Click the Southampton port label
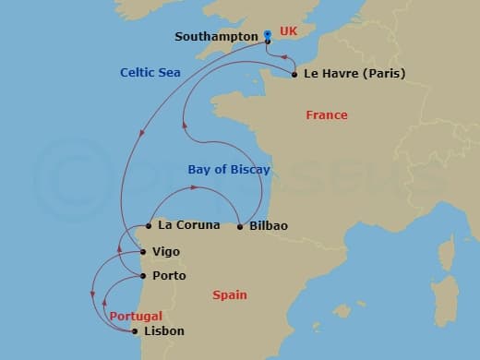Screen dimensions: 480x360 click(216, 37)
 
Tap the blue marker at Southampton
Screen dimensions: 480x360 click(268, 35)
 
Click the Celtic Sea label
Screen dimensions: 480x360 click(150, 72)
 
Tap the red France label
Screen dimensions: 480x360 click(327, 115)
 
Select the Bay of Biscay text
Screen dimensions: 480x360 click(229, 169)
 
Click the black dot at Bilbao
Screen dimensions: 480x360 click(240, 226)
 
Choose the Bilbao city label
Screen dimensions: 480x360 click(268, 226)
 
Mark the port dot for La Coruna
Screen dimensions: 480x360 click(148, 224)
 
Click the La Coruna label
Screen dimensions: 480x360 click(189, 224)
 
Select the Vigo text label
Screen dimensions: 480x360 click(166, 251)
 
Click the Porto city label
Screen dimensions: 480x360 click(169, 275)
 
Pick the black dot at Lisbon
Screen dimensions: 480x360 click(135, 331)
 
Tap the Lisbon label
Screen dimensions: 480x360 click(164, 331)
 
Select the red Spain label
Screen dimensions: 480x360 click(229, 295)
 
